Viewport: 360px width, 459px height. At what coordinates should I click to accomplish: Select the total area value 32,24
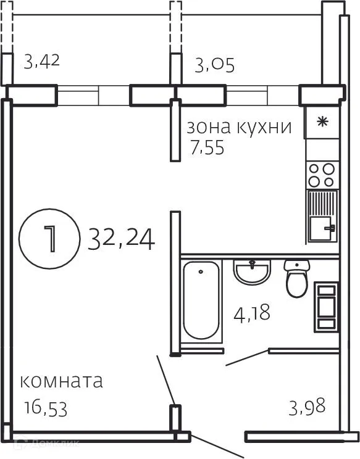coord(121,238)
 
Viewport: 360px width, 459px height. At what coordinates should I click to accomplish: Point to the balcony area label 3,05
coord(214,64)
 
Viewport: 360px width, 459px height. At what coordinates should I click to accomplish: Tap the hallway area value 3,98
coord(307,407)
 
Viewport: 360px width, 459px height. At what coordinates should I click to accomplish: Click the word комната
coord(61,381)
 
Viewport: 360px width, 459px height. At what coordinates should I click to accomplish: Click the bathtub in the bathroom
coord(201,300)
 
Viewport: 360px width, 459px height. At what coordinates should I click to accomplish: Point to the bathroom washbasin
coord(252,271)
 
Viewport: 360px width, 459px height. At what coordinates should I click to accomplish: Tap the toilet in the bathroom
coord(296,277)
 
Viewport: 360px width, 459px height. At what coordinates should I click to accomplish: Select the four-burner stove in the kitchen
coord(322,175)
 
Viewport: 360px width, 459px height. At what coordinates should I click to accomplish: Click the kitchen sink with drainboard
coord(322,216)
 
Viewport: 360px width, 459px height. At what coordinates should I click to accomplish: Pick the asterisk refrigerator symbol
coord(322,122)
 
